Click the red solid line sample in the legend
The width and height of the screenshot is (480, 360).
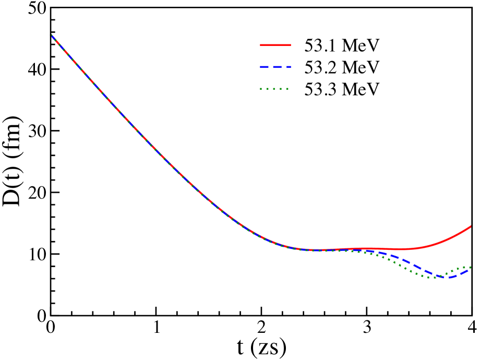[275, 45]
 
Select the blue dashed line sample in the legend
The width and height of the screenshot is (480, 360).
[275, 67]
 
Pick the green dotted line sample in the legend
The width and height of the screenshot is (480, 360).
[274, 89]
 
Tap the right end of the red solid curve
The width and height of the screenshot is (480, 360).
[471, 226]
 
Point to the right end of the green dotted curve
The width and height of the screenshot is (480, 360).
[471, 267]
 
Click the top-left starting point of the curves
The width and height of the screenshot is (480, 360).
[52, 35]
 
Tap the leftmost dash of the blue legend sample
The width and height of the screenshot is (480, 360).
[263, 67]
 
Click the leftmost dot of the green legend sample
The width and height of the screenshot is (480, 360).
[261, 89]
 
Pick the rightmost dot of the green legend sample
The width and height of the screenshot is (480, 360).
[287, 89]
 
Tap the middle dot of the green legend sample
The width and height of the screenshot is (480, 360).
[274, 89]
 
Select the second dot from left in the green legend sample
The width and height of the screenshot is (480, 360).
[268, 89]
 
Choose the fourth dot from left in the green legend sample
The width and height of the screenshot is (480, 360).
[281, 89]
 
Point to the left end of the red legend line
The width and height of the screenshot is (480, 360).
[261, 45]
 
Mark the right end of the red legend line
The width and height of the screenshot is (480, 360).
[290, 45]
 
